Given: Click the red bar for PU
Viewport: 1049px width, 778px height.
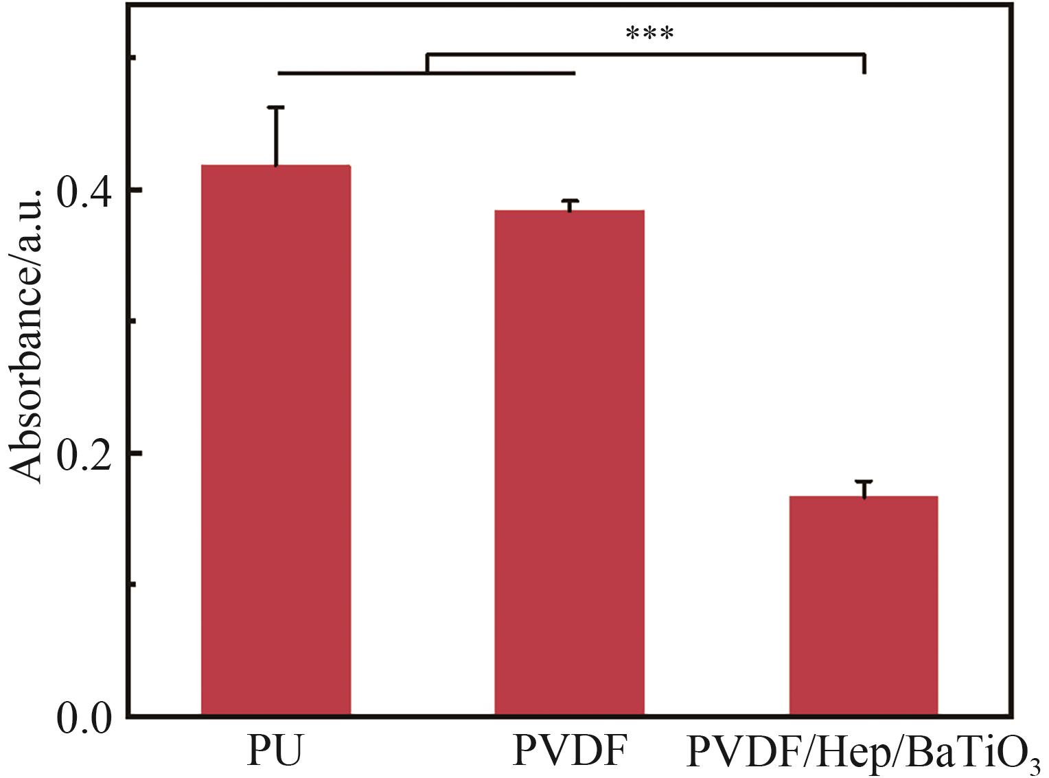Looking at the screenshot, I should [276, 439].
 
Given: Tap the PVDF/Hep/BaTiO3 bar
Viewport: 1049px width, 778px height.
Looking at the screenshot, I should [863, 604].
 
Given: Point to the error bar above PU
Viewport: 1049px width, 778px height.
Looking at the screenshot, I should [276, 135].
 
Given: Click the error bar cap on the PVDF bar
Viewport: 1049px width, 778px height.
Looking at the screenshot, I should [569, 201].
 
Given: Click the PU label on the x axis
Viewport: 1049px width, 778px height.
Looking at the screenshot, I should [275, 751].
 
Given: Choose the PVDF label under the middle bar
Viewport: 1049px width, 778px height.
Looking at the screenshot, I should [570, 751].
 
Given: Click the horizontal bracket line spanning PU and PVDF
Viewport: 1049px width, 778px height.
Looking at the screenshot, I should [426, 72].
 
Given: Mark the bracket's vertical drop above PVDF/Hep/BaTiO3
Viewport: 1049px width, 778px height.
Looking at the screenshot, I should [864, 63].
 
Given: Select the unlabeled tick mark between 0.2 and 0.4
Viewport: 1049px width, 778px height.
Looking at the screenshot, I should [132, 321].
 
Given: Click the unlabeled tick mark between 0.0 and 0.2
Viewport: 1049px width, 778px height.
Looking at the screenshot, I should [132, 584].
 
